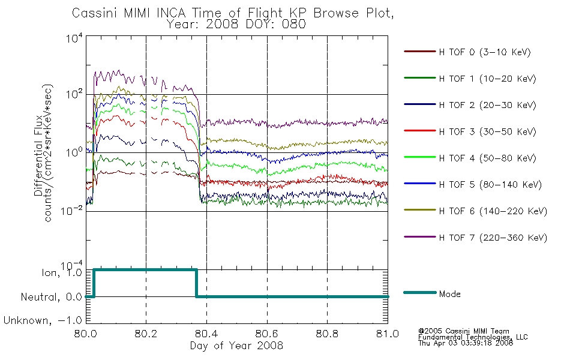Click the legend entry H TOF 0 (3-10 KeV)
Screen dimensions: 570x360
click(x=485, y=52)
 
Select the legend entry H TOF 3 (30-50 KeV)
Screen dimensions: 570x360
click(x=487, y=131)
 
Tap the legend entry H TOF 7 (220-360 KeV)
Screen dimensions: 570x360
click(x=493, y=238)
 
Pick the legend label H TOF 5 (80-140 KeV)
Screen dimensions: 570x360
click(x=490, y=185)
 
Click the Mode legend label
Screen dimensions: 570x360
click(x=449, y=294)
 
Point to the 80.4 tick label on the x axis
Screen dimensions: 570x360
click(x=206, y=334)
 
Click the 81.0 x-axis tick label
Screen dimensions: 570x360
click(x=388, y=334)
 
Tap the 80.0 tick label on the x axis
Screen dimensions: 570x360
click(x=86, y=334)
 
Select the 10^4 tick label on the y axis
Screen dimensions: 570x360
click(x=74, y=38)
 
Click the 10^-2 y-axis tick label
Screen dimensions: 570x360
click(x=72, y=210)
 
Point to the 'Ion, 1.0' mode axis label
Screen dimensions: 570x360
click(x=62, y=272)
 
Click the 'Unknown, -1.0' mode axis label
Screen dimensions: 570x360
click(x=43, y=320)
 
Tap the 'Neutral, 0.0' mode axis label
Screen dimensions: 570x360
click(x=52, y=297)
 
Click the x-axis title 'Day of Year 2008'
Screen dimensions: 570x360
click(x=236, y=346)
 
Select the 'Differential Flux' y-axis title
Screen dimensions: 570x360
click(x=38, y=155)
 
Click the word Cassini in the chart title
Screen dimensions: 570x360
click(x=95, y=13)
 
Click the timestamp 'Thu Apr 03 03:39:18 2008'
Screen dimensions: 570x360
click(x=466, y=343)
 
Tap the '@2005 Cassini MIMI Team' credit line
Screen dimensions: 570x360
click(x=464, y=331)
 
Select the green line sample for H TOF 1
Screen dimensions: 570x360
click(x=420, y=78)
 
